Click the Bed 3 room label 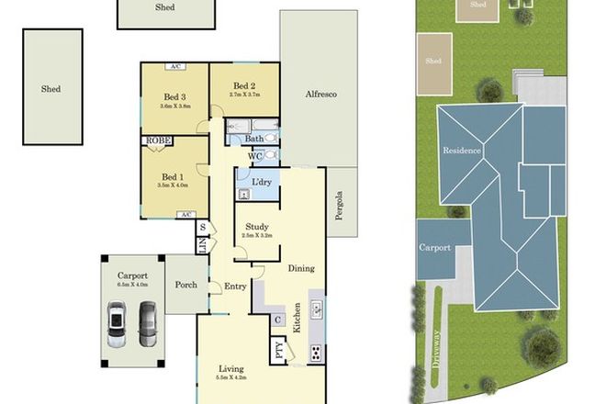(174, 96)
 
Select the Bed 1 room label (173, 176)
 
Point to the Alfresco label (322, 94)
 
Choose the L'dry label (261, 182)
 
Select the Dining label (302, 268)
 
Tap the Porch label (187, 285)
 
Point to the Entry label (235, 286)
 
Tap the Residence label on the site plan (462, 150)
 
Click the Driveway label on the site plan (436, 347)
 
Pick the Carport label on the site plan (435, 248)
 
